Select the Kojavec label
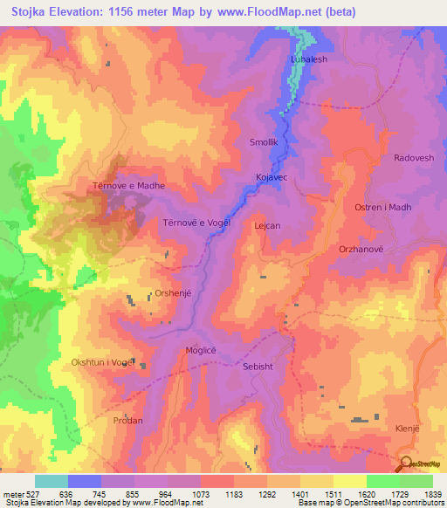[272, 177]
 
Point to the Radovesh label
[389, 159]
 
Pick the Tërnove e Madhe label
[129, 186]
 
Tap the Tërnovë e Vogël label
[196, 223]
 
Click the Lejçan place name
[266, 225]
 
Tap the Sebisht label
[258, 367]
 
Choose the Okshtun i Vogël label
[103, 362]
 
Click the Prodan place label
[128, 420]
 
